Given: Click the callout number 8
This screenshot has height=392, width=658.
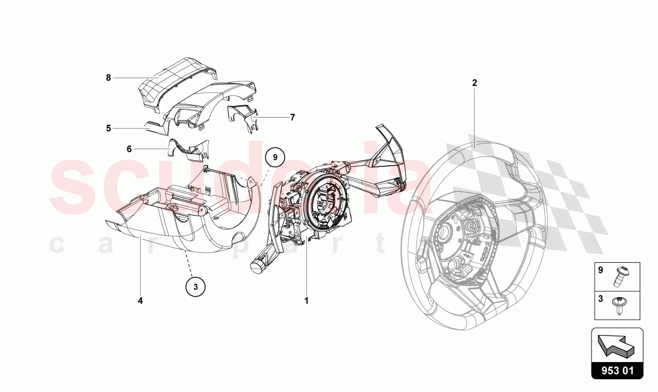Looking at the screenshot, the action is (x=108, y=78).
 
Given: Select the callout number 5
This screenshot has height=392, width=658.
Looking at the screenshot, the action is (x=108, y=128).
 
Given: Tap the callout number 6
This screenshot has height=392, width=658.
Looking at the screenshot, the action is (x=129, y=149).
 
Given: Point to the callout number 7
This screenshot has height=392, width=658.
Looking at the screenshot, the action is (x=292, y=117).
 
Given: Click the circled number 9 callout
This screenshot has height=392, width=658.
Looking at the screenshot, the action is (x=275, y=157).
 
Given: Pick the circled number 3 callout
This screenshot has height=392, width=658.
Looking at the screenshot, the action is (x=196, y=287).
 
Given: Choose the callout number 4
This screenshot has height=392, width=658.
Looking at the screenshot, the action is (x=140, y=301).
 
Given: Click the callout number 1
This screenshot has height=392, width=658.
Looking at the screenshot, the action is (x=306, y=301).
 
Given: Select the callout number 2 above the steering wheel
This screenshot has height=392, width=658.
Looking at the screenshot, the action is (x=475, y=83).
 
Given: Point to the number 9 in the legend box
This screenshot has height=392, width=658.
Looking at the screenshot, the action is (x=600, y=270).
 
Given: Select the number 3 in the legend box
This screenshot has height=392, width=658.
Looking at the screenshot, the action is (x=600, y=299).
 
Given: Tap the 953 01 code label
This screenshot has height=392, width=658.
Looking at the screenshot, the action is (x=617, y=371).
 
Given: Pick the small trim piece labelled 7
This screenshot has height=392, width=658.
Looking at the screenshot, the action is (x=243, y=119).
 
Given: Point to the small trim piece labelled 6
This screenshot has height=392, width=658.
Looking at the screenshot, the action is (x=188, y=149).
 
